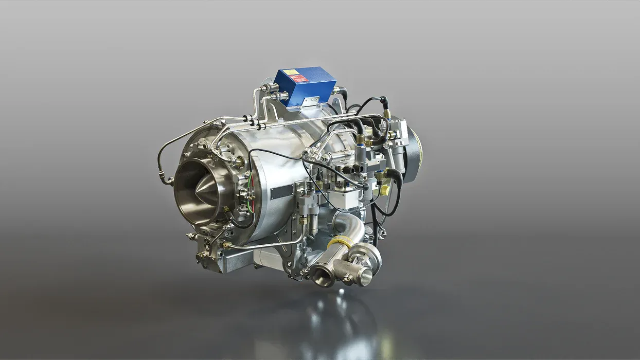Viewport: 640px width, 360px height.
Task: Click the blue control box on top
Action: tap(305, 86)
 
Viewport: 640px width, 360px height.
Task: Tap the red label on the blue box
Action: tap(298, 79)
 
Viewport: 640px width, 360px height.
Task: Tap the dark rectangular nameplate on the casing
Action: tap(282, 192)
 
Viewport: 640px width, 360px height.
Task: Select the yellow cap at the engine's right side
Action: tap(384, 190)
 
